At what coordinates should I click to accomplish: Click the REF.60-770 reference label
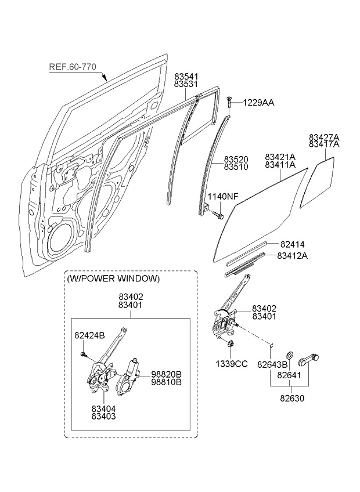click(x=73, y=67)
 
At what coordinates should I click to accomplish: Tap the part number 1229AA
click(x=258, y=103)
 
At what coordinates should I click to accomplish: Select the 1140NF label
click(x=223, y=197)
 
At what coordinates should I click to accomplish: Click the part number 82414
click(x=293, y=244)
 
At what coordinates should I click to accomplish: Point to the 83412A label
click(x=292, y=256)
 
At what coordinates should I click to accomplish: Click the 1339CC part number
click(x=232, y=364)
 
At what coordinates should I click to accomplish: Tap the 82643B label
click(x=272, y=364)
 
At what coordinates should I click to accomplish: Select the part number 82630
click(x=292, y=398)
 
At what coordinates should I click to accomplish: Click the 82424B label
click(x=89, y=335)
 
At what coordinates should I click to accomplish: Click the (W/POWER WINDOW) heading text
click(x=114, y=278)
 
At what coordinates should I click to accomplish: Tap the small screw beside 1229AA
click(x=228, y=102)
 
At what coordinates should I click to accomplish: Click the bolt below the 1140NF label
click(x=217, y=215)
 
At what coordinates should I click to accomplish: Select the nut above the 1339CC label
click(x=229, y=344)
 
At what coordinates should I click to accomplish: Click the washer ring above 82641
click(x=290, y=356)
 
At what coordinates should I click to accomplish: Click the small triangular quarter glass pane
click(x=317, y=182)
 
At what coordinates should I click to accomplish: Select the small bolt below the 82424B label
click(x=84, y=354)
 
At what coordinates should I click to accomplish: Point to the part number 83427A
click(x=324, y=138)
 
